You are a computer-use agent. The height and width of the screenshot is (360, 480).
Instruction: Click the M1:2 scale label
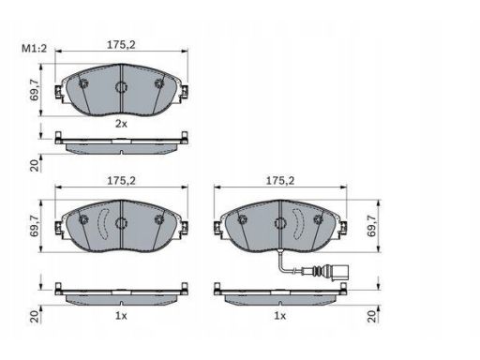point(34,48)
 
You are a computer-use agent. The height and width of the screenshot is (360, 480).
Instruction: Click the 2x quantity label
point(121,124)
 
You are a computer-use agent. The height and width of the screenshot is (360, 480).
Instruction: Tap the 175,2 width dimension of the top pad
point(121,45)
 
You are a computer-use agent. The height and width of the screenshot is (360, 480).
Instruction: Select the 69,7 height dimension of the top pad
point(34,90)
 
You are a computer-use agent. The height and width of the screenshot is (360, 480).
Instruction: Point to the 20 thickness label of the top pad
point(36,165)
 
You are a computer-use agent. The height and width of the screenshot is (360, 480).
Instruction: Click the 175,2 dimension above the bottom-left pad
point(121,181)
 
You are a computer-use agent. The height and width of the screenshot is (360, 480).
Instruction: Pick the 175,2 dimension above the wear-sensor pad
point(280,181)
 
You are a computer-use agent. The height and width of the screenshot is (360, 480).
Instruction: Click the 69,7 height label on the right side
point(371,226)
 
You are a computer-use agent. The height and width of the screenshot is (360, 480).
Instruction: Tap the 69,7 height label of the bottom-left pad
point(34,226)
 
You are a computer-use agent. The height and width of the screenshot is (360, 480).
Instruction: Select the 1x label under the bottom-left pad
point(121,316)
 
